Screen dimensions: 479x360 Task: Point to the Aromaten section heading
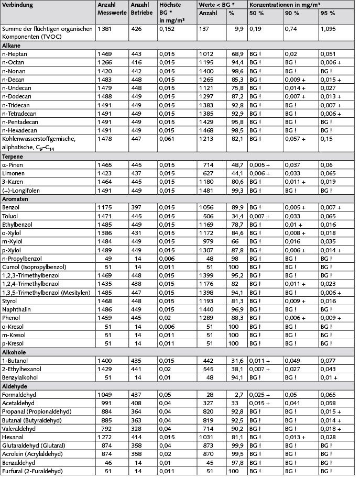(x=17, y=198)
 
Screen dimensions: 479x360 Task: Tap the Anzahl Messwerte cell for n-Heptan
(x=105, y=54)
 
